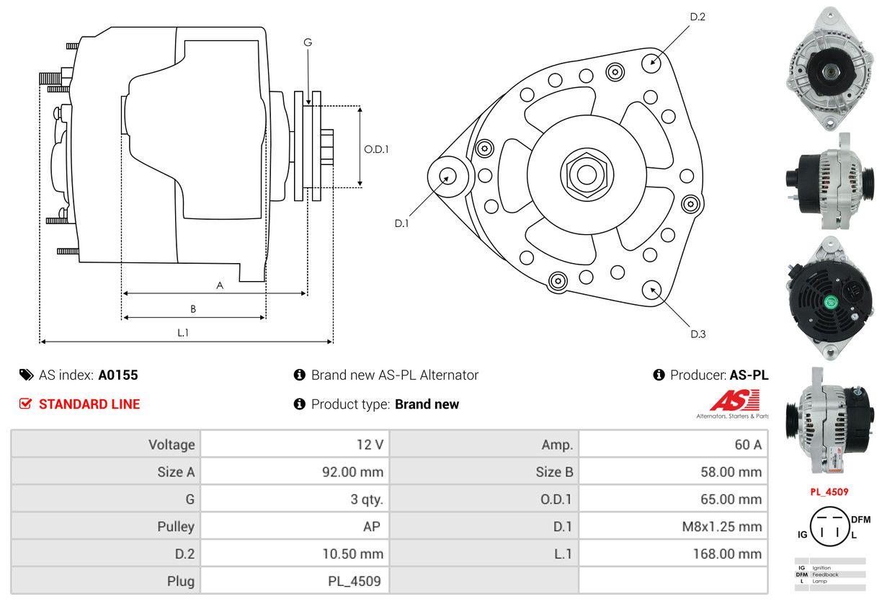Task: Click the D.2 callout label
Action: [698, 17]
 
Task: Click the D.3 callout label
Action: [698, 334]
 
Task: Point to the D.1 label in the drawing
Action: [401, 223]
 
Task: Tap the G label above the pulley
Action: [308, 43]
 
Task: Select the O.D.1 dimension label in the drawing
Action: [376, 150]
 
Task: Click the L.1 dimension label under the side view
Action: [184, 332]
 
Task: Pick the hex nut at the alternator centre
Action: [584, 173]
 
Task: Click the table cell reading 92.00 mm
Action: [352, 472]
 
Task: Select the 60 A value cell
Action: [747, 445]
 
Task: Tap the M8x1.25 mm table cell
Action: [721, 526]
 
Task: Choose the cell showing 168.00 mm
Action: [728, 554]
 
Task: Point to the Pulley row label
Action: [176, 526]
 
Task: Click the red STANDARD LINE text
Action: [89, 404]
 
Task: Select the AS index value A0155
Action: [118, 375]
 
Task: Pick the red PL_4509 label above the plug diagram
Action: [829, 492]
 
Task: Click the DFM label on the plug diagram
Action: [860, 519]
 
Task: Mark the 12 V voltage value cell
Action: [369, 445]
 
